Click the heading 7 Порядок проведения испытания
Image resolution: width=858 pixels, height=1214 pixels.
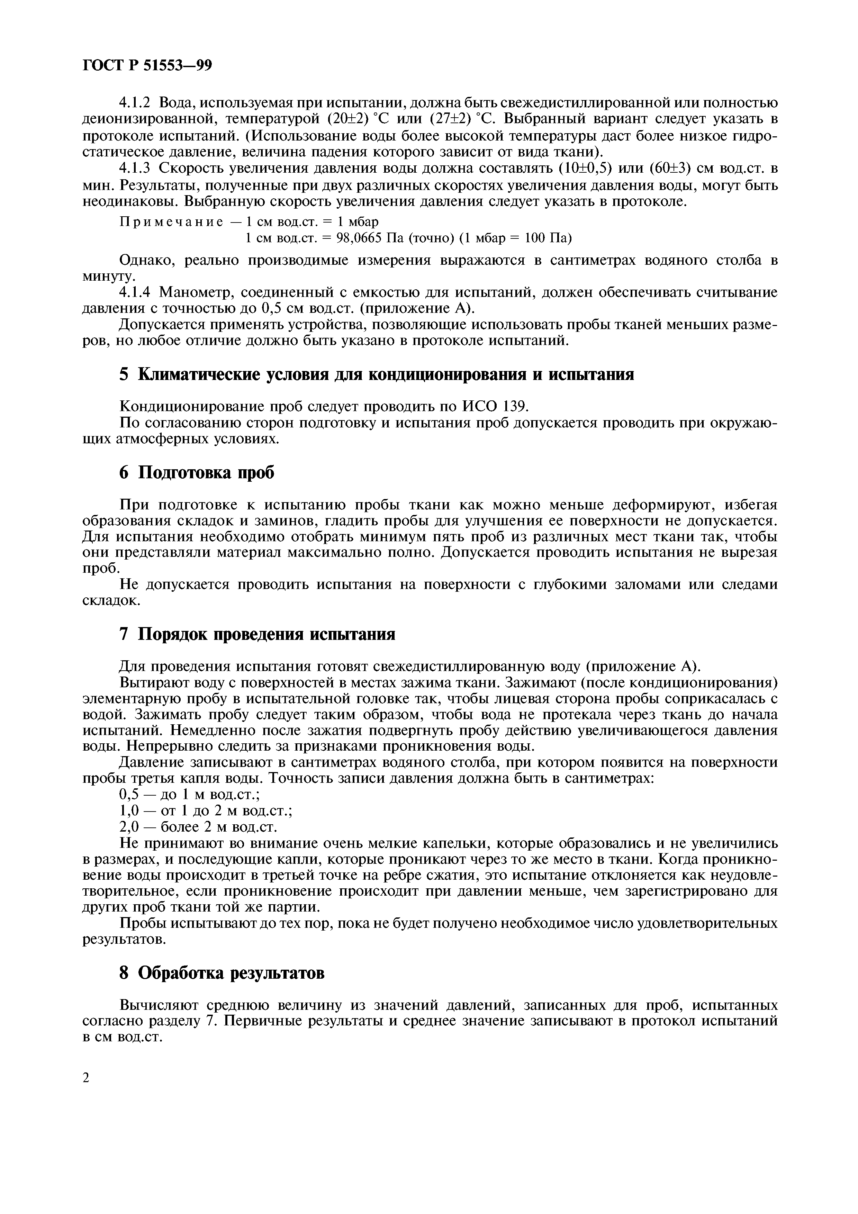pos(258,633)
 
